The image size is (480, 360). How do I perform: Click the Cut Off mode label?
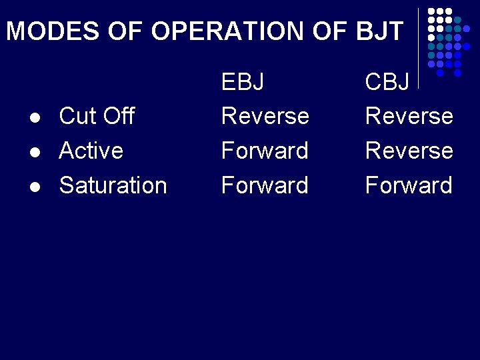tap(97, 116)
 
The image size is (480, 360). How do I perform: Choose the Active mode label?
tap(91, 151)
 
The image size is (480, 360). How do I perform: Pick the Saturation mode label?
tap(113, 185)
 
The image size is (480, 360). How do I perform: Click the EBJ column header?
tap(243, 82)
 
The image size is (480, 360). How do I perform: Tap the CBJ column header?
tap(387, 82)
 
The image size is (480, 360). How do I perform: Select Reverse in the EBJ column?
tap(265, 116)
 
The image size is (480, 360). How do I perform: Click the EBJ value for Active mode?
tap(265, 151)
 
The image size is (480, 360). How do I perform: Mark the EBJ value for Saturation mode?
tap(265, 185)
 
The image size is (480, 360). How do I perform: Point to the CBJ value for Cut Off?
tap(409, 116)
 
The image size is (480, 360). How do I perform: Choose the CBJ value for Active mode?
tap(409, 151)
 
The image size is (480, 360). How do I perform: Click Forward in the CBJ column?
tap(409, 185)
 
